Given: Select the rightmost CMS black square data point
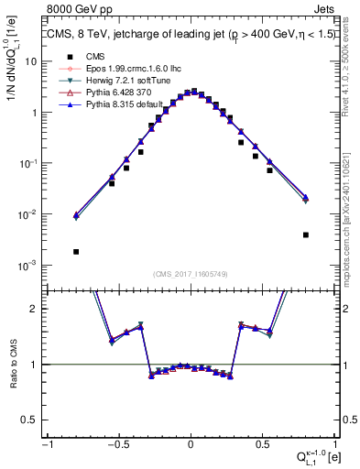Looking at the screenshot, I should coord(305,234).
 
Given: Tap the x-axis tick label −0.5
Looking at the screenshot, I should coord(117,446).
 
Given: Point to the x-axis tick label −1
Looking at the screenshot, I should coord(46,446).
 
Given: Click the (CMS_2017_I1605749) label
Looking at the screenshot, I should coord(190,273).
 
